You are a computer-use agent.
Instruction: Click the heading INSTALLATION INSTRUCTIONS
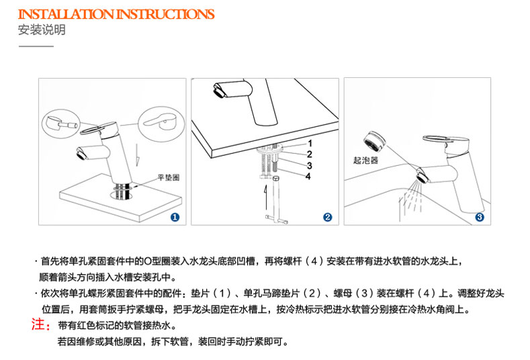pos(116,14)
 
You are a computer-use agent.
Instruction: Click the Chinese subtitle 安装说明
pos(42,30)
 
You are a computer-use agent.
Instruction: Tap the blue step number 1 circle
pos(175,217)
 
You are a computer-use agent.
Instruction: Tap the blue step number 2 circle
pos(328,217)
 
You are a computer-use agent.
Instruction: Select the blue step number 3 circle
pos(480,217)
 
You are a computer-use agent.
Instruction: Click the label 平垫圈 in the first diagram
pos(169,177)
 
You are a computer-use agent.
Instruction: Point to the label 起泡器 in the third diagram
pos(365,161)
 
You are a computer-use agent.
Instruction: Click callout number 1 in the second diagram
pos(310,144)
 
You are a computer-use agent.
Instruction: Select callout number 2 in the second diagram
pos(309,154)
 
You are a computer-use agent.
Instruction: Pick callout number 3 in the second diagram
pos(309,166)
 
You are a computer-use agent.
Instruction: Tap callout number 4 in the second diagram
pos(308,177)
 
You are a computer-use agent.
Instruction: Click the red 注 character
pos(38,324)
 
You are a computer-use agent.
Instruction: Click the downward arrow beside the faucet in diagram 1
pos(137,155)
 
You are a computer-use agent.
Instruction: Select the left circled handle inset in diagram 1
pos(61,124)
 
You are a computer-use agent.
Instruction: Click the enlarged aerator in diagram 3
pos(375,141)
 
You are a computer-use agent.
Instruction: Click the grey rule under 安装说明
pos(36,46)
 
